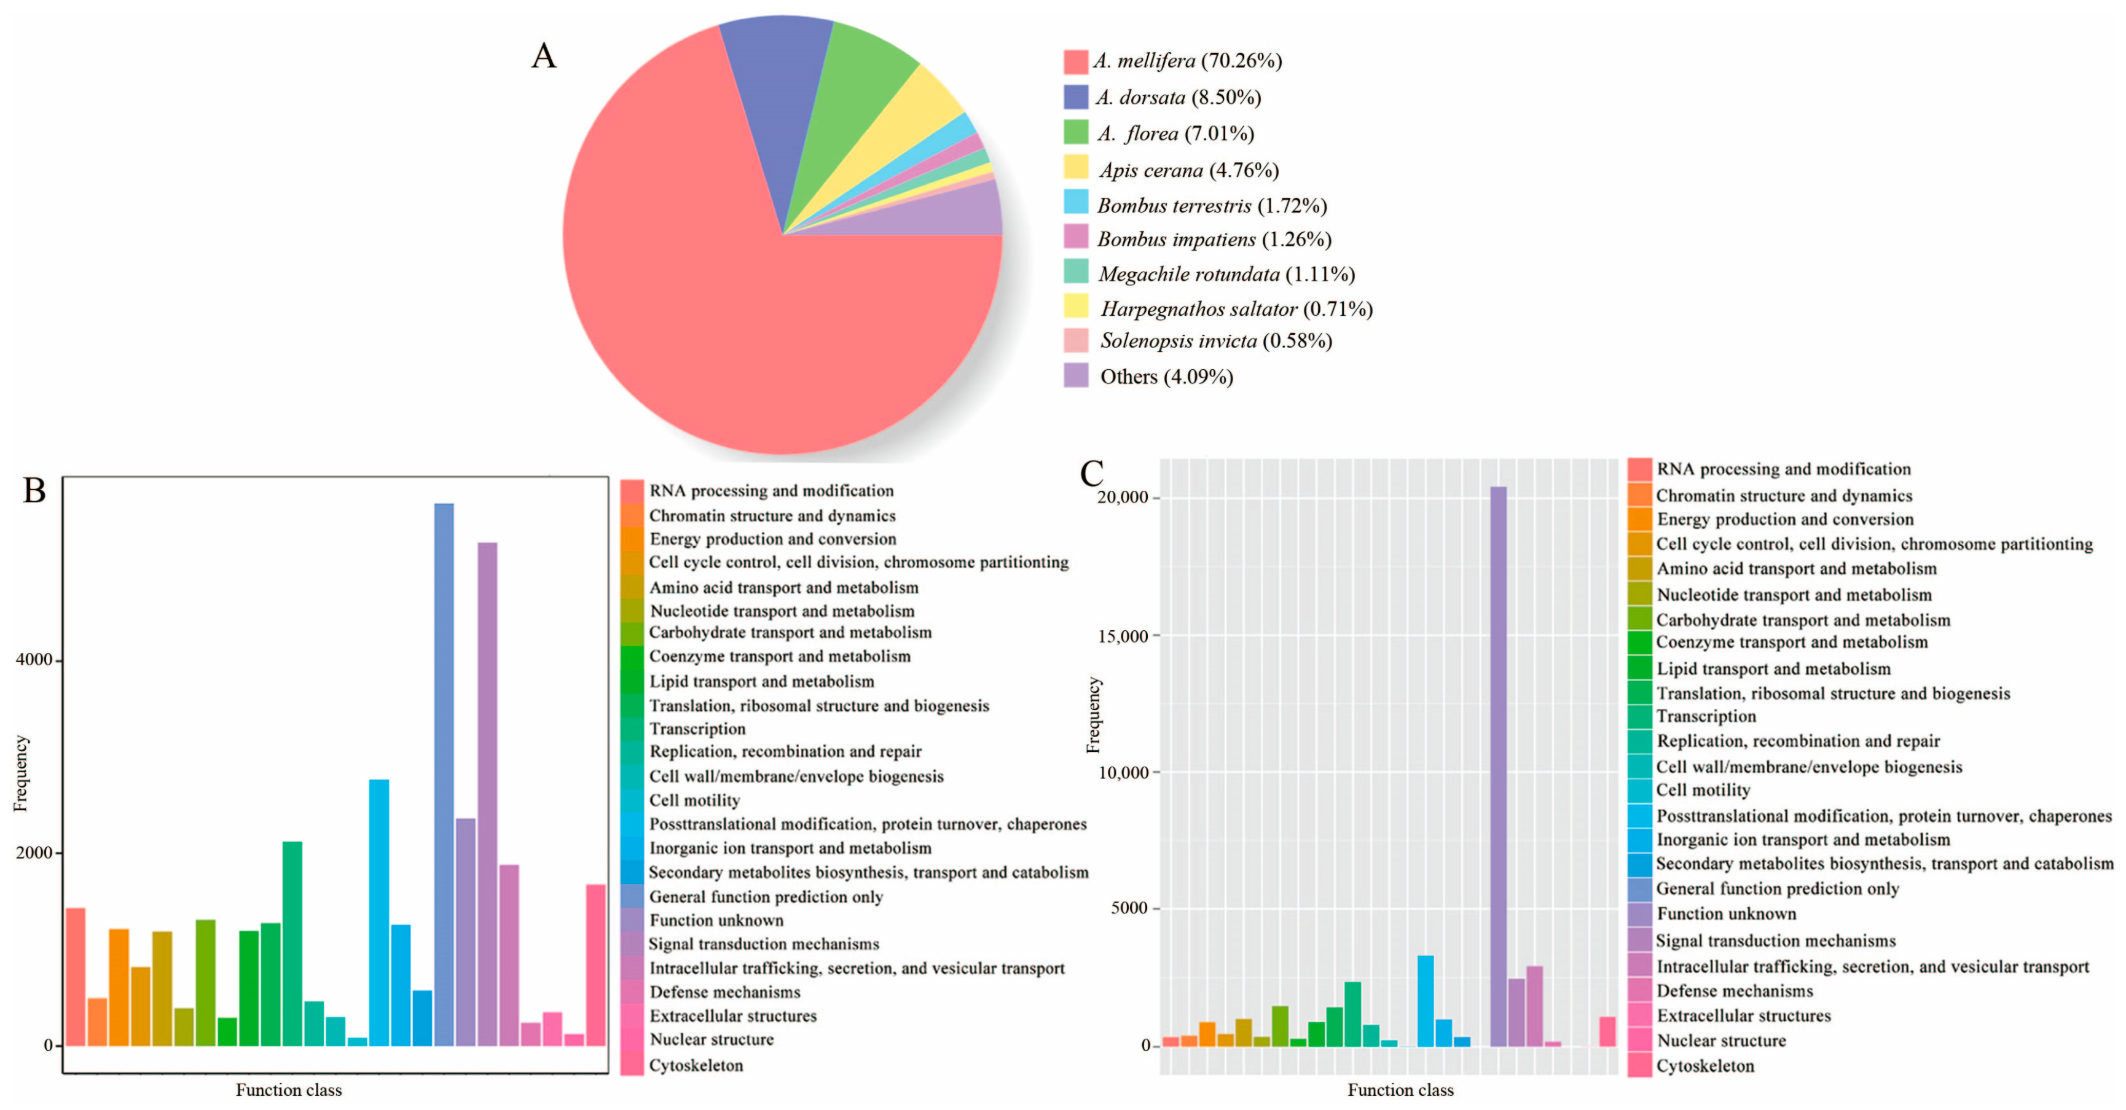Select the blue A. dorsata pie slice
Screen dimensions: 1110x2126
(772, 82)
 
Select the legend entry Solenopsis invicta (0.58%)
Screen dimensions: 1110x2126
(1215, 341)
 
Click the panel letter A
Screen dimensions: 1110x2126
(543, 56)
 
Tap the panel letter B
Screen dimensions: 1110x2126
(34, 490)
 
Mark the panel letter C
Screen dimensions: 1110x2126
(1091, 474)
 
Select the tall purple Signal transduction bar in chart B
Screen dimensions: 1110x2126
(487, 792)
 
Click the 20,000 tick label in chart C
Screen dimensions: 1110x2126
(1123, 498)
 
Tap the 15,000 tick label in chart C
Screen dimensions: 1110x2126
(1123, 636)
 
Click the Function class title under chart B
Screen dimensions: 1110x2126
(288, 1090)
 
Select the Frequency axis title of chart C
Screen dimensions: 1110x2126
(1092, 714)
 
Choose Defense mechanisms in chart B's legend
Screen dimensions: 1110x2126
(724, 992)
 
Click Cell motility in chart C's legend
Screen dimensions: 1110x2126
(1703, 790)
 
